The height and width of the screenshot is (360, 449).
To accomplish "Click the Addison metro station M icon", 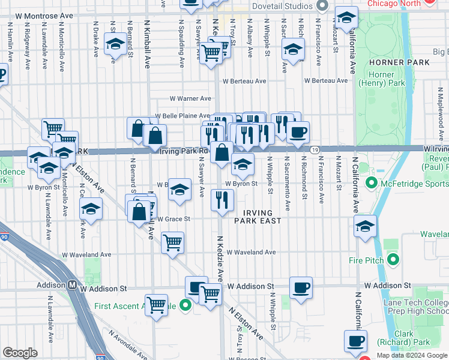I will (72, 286).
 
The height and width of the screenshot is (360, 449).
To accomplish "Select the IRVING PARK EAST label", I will (258, 217).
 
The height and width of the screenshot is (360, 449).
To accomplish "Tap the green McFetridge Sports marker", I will (371, 182).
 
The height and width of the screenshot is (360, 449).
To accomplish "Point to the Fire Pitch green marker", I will (393, 260).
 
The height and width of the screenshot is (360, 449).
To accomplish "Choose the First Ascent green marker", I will (185, 305).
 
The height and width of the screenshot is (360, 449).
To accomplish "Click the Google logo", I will (20, 353).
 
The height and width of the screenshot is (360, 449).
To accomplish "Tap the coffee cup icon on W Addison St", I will (301, 287).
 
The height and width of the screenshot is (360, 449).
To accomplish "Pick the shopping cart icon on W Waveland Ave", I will (173, 242).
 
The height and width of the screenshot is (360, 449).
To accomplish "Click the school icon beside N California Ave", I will (366, 226).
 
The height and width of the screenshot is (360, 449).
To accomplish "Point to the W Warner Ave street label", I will (190, 98).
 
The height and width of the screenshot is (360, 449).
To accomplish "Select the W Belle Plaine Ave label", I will (182, 116).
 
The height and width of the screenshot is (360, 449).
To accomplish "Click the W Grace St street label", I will (173, 219).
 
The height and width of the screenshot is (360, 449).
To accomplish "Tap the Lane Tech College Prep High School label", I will (421, 307).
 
